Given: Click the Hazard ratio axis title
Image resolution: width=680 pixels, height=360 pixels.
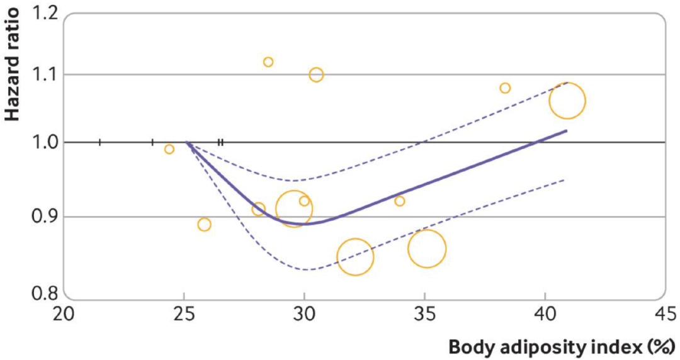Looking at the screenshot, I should pyautogui.click(x=13, y=63).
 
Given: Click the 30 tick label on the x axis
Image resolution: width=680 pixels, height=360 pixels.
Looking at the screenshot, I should pyautogui.click(x=304, y=313).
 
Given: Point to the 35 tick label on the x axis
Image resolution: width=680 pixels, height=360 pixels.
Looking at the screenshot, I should pyautogui.click(x=424, y=313).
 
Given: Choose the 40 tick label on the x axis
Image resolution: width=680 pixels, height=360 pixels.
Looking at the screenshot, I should pyautogui.click(x=545, y=313).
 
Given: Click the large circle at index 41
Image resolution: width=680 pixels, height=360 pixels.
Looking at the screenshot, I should pyautogui.click(x=567, y=100).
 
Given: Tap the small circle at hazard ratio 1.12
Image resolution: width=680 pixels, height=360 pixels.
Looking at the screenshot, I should pyautogui.click(x=268, y=62).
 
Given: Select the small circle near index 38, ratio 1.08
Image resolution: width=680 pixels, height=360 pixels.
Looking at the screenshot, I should pyautogui.click(x=505, y=88).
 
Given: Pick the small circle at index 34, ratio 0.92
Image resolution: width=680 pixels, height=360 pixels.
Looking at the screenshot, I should pyautogui.click(x=399, y=201).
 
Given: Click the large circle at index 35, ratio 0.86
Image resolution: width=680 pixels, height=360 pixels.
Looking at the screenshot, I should pyautogui.click(x=427, y=249).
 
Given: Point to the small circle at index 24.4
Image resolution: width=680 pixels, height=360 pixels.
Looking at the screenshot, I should pyautogui.click(x=169, y=149).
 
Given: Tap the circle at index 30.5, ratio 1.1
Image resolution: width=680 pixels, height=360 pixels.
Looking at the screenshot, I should pyautogui.click(x=316, y=75).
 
